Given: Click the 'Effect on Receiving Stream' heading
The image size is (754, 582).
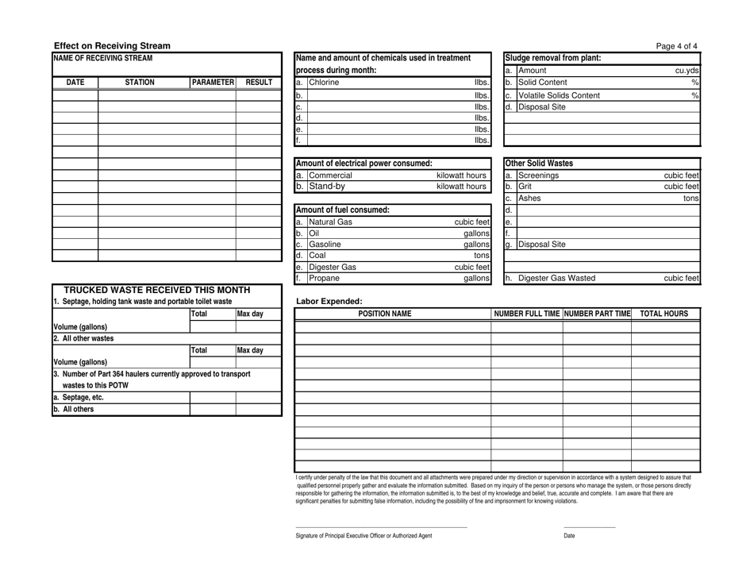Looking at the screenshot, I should (111, 46).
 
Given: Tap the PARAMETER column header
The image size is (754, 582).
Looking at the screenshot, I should (212, 82).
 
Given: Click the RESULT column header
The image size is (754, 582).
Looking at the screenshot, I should (259, 82).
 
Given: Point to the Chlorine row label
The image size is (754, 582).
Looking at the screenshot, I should (323, 82).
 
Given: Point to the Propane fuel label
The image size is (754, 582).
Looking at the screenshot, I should (326, 279).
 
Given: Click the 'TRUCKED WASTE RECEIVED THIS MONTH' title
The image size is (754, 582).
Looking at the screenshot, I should (156, 290).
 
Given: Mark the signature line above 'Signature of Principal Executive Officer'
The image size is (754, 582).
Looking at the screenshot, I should (381, 527).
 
